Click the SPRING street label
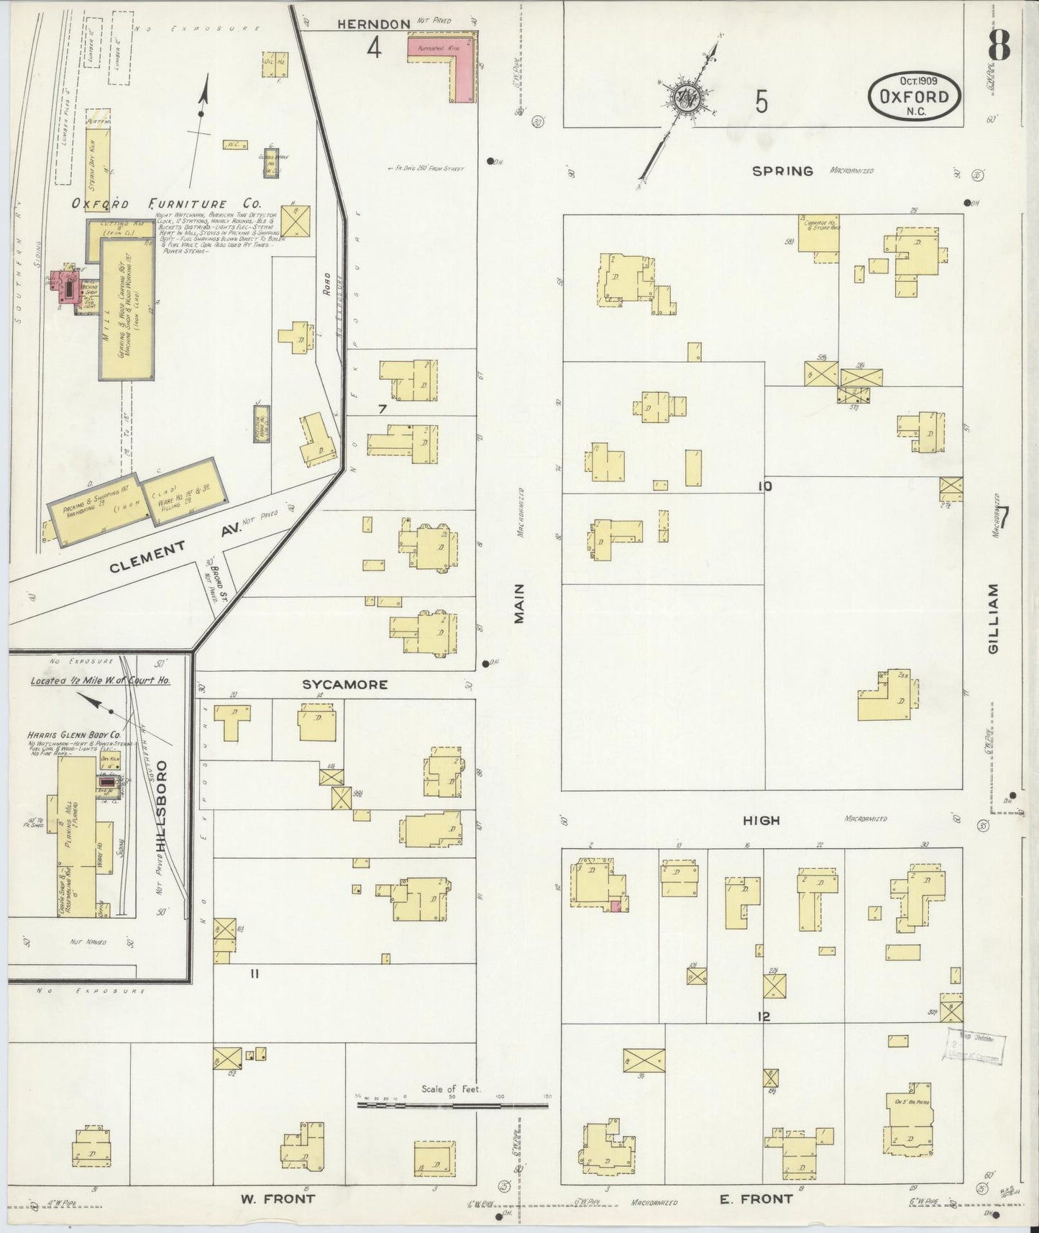point(783,171)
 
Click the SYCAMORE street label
point(344,684)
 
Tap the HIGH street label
point(761,820)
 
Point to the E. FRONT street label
point(755,1199)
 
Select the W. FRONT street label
point(278,1199)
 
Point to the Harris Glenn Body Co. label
point(73,735)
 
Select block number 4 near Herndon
point(374,48)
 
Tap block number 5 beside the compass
point(761,103)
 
